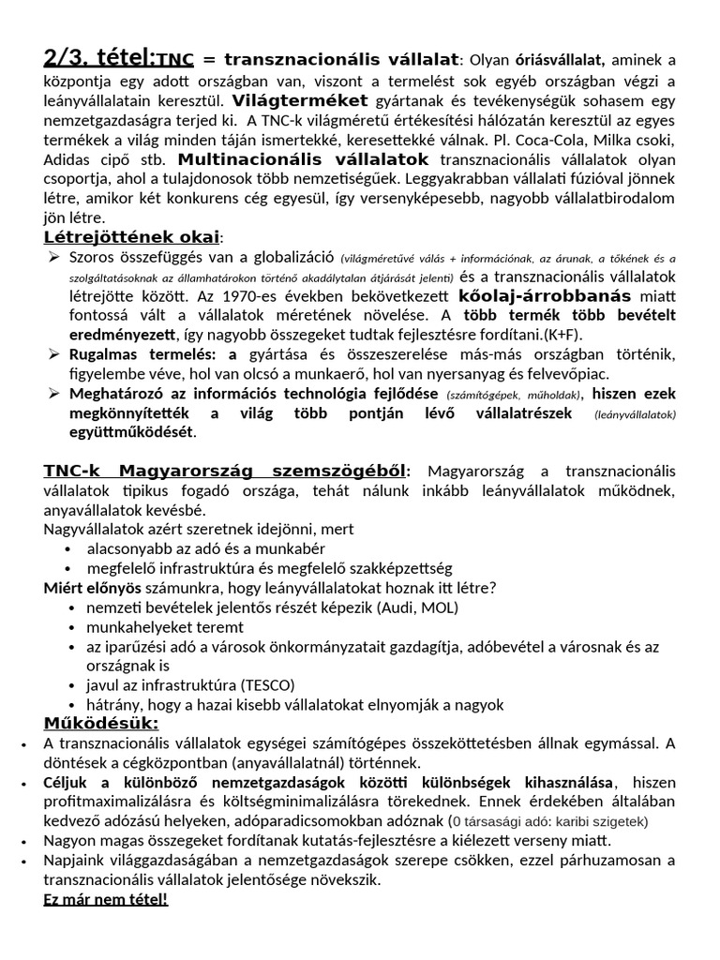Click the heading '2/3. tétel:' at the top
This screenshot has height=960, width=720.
tap(97, 59)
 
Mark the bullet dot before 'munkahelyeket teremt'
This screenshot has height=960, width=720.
tap(73, 627)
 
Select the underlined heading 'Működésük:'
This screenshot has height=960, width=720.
tap(101, 724)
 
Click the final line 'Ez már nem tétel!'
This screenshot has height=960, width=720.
tap(106, 899)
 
